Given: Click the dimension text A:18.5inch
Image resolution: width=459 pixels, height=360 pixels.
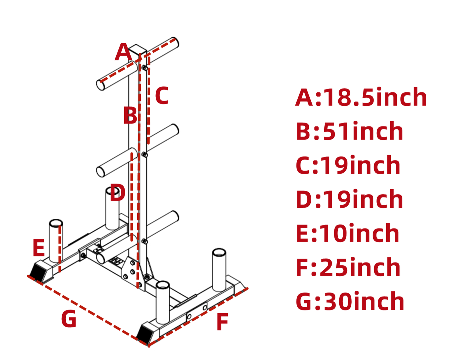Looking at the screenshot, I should click(x=361, y=97).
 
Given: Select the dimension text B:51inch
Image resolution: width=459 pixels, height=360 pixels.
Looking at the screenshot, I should click(x=349, y=131).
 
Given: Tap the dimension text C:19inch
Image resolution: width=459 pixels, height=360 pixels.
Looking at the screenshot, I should click(x=348, y=165).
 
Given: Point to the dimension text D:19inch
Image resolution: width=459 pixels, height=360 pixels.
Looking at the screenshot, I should click(x=349, y=199).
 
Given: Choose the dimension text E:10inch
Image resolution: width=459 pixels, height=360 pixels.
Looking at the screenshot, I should click(x=347, y=233).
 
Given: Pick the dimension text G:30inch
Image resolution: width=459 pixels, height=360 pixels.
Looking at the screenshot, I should click(x=350, y=302).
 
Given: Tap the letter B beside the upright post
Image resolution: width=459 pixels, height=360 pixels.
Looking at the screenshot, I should click(x=130, y=116).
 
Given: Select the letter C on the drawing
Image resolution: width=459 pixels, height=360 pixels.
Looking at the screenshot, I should click(x=162, y=96).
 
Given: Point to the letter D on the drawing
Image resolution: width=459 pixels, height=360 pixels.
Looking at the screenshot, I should click(x=117, y=193).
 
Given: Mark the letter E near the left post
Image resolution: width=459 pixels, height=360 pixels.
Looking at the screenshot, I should click(x=39, y=248).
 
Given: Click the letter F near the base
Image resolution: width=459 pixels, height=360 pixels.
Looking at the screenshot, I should click(x=222, y=322).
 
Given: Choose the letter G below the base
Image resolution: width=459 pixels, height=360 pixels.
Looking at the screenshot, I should click(x=69, y=319).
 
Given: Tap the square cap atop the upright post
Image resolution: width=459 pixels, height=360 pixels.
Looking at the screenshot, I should click(x=138, y=50).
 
